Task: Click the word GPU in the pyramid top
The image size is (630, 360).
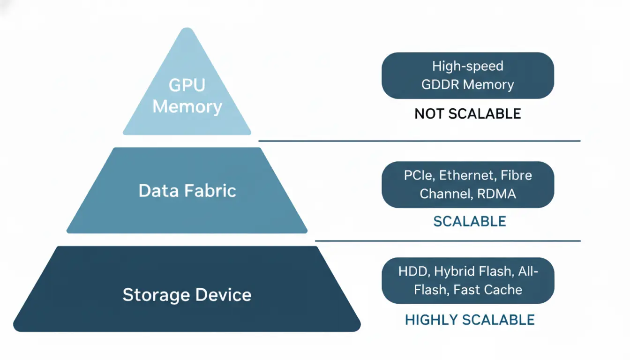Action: pos(187,85)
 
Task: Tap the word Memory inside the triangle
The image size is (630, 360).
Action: pos(187,107)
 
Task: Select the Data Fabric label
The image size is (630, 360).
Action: pos(187,191)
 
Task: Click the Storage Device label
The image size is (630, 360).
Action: pos(187,295)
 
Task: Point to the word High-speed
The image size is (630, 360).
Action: pos(467,66)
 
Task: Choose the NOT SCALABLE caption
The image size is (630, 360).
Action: pos(467,113)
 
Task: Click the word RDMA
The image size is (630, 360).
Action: pos(496,194)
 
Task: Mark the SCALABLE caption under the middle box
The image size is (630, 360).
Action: pos(469,221)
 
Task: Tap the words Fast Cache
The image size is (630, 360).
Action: pos(487,290)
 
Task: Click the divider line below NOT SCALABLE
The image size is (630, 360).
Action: pos(419,141)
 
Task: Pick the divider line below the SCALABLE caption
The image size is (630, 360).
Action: pos(447,241)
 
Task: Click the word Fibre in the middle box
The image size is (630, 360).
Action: pos(516,175)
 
